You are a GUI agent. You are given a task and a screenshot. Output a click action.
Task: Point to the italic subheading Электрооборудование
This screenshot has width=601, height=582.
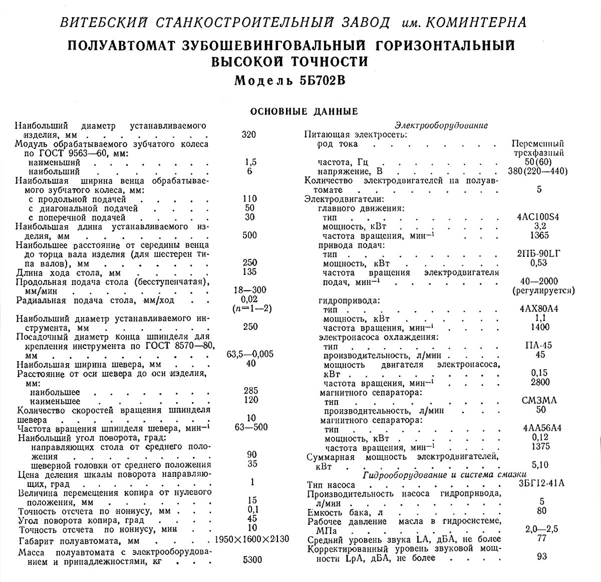(x=441, y=125)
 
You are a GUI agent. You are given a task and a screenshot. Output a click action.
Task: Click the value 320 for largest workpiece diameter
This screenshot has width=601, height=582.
(x=248, y=134)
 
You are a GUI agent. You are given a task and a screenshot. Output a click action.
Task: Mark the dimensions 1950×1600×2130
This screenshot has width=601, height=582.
(x=251, y=540)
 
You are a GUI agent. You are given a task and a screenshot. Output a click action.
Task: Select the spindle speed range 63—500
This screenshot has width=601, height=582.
(x=251, y=427)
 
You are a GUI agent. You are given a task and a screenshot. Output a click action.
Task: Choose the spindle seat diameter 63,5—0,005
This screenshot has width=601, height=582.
(x=250, y=354)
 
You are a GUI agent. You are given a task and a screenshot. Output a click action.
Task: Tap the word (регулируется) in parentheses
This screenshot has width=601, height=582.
(x=543, y=290)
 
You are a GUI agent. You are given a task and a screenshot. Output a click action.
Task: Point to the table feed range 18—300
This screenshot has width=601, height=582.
(x=250, y=290)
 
